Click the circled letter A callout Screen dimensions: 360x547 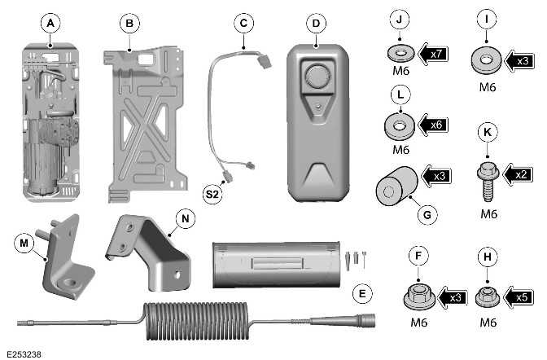[50, 25]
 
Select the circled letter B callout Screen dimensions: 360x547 [129, 24]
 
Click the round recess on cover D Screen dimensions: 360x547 [317, 78]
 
